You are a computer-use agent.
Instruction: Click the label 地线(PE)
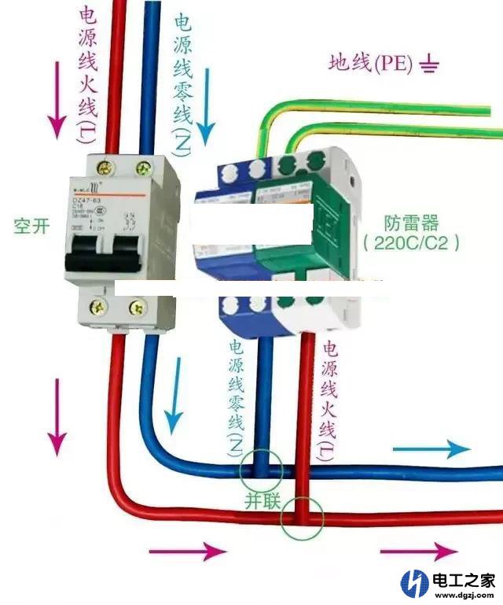click(x=370, y=64)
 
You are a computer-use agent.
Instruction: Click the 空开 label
click(x=31, y=227)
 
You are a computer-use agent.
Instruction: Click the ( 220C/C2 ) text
click(x=412, y=243)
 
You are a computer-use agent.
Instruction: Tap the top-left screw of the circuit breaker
click(x=105, y=167)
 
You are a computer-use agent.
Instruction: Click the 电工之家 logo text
click(x=464, y=581)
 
